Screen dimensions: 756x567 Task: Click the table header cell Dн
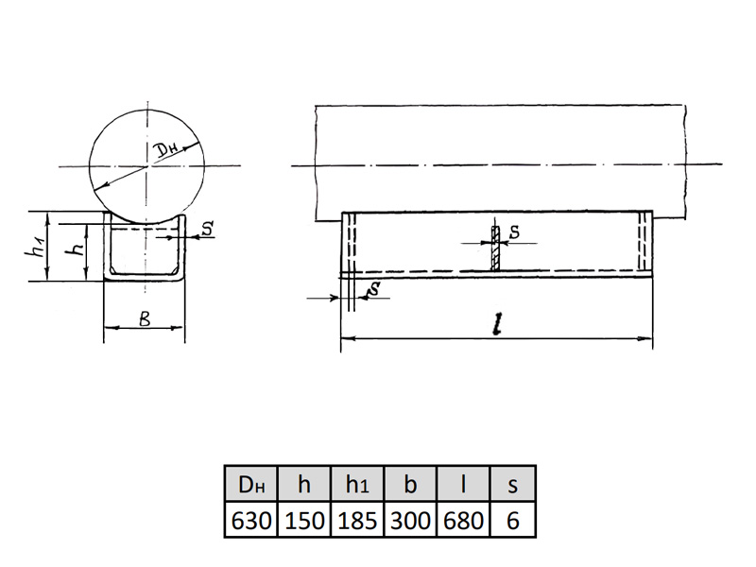coord(251,484)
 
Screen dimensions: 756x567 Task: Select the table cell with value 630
coord(251,520)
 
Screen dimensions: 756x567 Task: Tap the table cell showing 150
coord(304,520)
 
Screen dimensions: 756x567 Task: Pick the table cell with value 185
coord(357,520)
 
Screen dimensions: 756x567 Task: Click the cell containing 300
coord(410,520)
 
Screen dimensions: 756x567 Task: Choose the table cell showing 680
coord(463,520)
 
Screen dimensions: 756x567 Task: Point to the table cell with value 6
coord(513,520)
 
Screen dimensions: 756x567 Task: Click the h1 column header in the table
coord(357,484)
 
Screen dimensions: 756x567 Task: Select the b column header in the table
coord(410,484)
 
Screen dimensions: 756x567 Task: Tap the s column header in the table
coord(513,484)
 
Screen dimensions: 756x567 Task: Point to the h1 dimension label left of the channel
coord(35,245)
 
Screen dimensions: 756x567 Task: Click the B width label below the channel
coord(145,318)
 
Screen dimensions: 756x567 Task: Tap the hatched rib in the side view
coord(495,249)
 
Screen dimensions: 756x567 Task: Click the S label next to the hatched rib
coord(515,232)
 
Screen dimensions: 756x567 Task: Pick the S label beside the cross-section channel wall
coord(207,228)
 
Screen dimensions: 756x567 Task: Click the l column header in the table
coord(463,484)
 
